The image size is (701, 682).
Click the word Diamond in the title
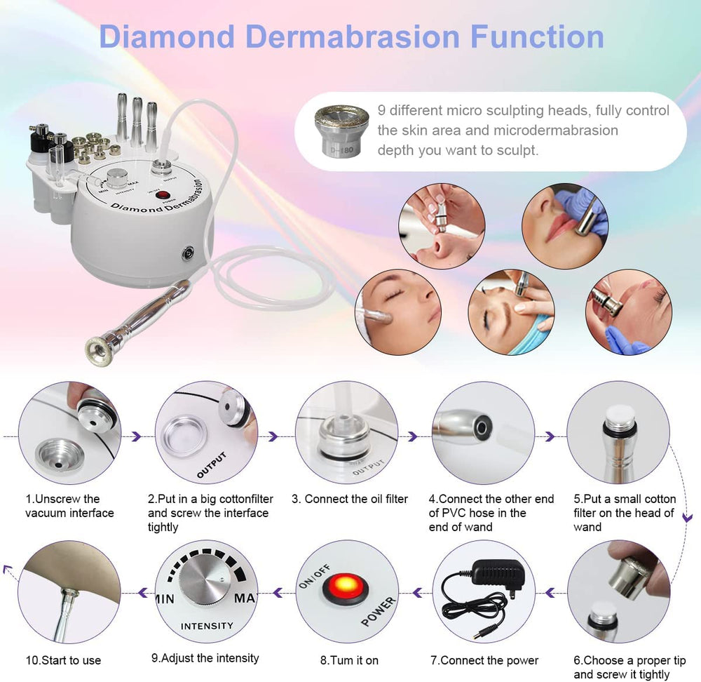pos(167,36)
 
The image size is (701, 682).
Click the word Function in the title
pos(538,36)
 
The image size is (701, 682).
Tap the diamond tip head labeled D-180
pos(341,131)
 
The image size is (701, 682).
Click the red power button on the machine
pos(163,195)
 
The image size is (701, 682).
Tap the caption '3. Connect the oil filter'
pos(350,499)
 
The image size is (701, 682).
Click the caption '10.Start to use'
pos(64,660)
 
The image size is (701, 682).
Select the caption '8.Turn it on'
pos(349,660)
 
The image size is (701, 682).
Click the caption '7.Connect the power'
pos(484,660)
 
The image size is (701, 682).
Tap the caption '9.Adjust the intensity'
pos(205,658)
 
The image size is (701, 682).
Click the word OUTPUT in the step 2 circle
pos(212,465)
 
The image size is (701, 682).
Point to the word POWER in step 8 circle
pos(379,611)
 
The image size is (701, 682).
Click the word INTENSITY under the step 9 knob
pos(207,626)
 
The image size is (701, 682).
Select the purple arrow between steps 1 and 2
pos(137,436)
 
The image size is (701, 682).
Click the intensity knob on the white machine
pos(117,178)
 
